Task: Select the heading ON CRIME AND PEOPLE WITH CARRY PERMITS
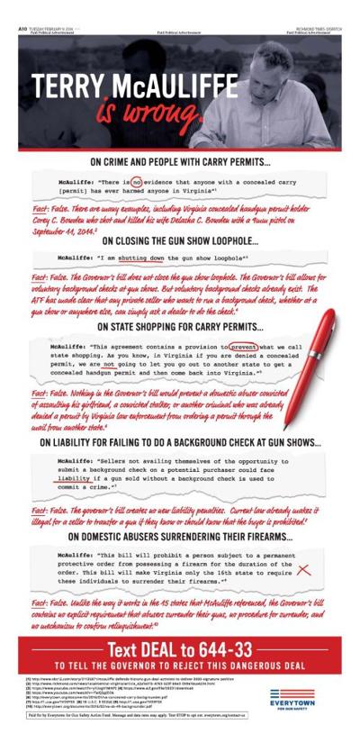(x=180, y=163)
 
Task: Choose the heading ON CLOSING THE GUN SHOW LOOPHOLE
(x=180, y=240)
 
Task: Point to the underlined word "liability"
(x=73, y=480)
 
